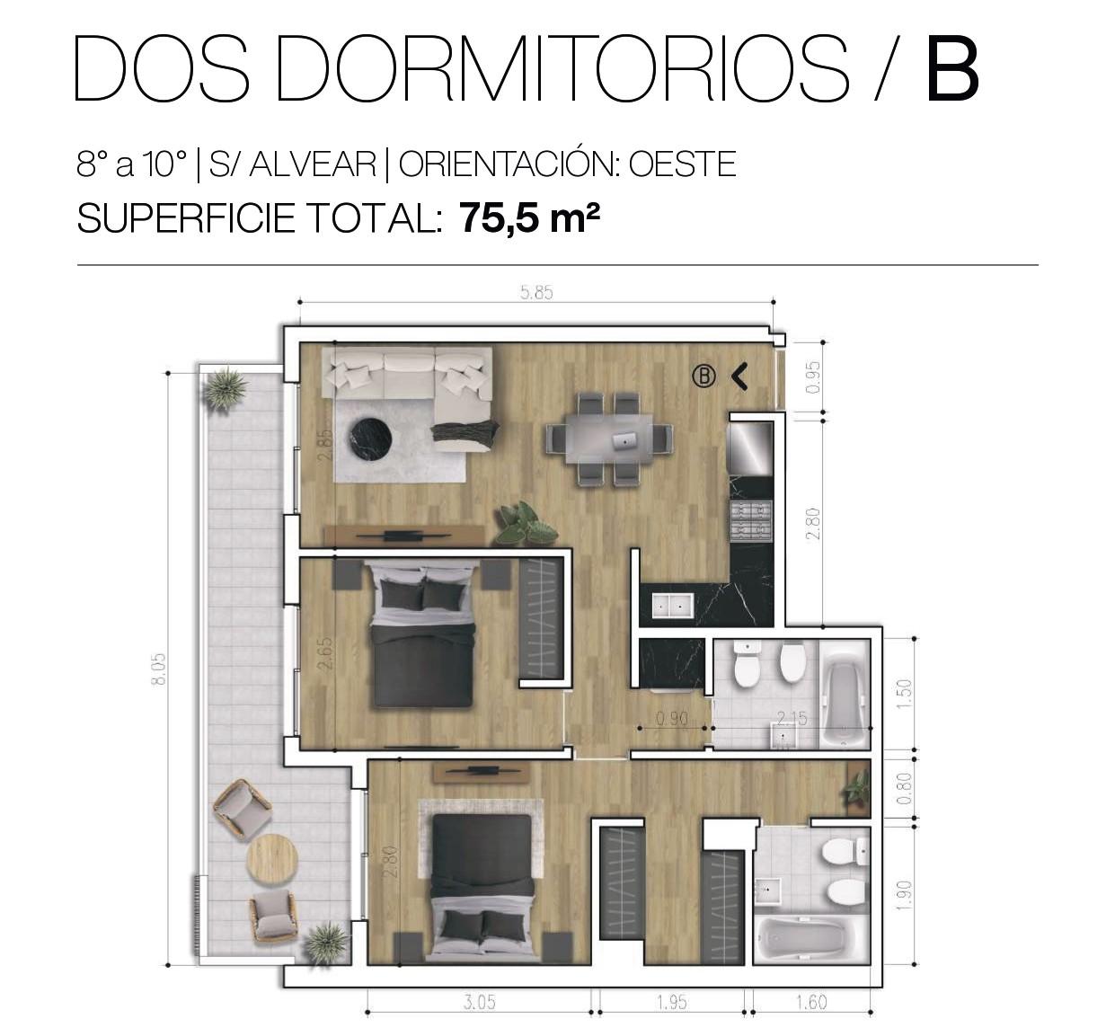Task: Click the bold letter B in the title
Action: tap(952, 68)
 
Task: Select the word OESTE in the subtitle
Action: tap(682, 164)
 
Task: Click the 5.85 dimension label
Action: tap(536, 293)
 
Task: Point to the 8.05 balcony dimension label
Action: tap(159, 669)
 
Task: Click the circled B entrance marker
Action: tap(704, 376)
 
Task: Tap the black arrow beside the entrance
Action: tap(739, 377)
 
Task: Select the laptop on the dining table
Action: tap(624, 441)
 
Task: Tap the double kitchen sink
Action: tap(672, 607)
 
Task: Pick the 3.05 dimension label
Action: tap(480, 1002)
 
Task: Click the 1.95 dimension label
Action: tap(672, 1002)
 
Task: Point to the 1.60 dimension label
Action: tap(811, 1002)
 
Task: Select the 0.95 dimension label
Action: tap(812, 377)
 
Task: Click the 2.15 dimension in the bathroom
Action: tap(792, 718)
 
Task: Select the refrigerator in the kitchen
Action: tap(750, 449)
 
